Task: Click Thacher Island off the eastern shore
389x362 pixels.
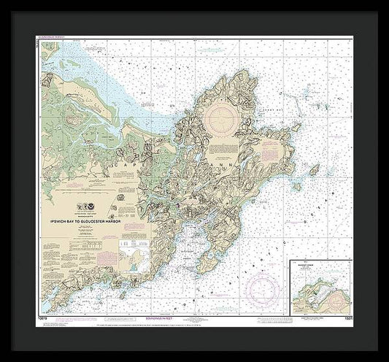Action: (315, 169)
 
